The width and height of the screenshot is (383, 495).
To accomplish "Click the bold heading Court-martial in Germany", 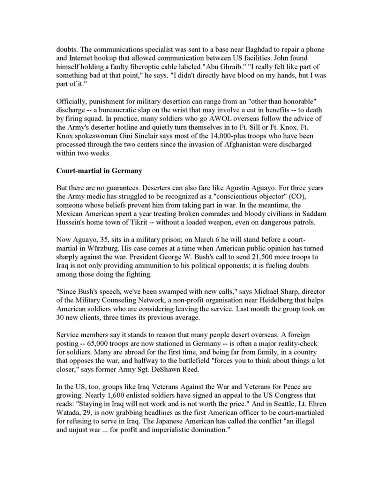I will coord(99,171).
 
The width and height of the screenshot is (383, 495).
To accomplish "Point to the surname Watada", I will coord(67,413).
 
